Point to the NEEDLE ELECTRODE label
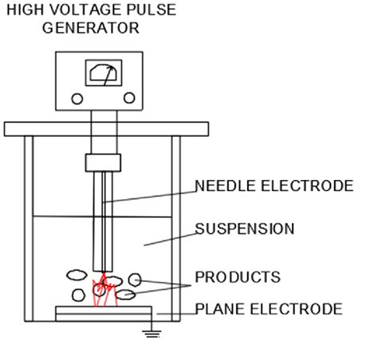274,186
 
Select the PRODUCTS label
238,277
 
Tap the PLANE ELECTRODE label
269,308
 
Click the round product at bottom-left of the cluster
78,295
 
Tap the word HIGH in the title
25,10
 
